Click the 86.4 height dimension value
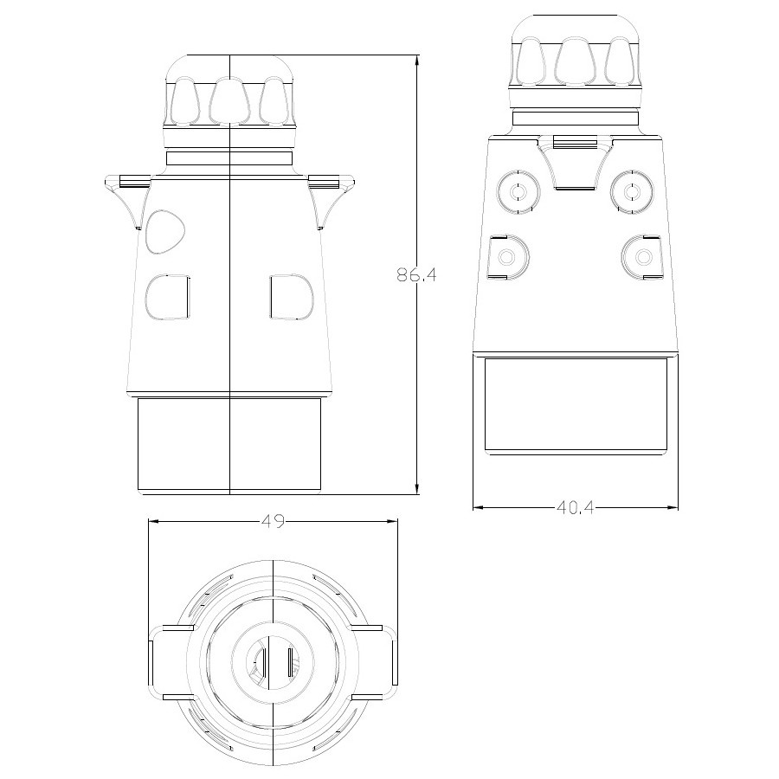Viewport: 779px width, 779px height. (x=416, y=274)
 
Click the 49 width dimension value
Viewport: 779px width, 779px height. (x=274, y=521)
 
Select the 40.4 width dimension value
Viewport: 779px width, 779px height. (x=576, y=508)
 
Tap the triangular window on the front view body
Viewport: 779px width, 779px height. (x=165, y=232)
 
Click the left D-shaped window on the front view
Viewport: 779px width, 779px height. (x=167, y=297)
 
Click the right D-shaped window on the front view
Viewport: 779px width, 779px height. (x=292, y=297)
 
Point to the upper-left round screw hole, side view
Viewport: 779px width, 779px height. (x=518, y=191)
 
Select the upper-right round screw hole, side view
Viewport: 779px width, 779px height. (x=632, y=191)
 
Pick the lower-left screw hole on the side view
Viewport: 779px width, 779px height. (x=508, y=257)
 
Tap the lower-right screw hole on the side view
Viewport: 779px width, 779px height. (x=642, y=257)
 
